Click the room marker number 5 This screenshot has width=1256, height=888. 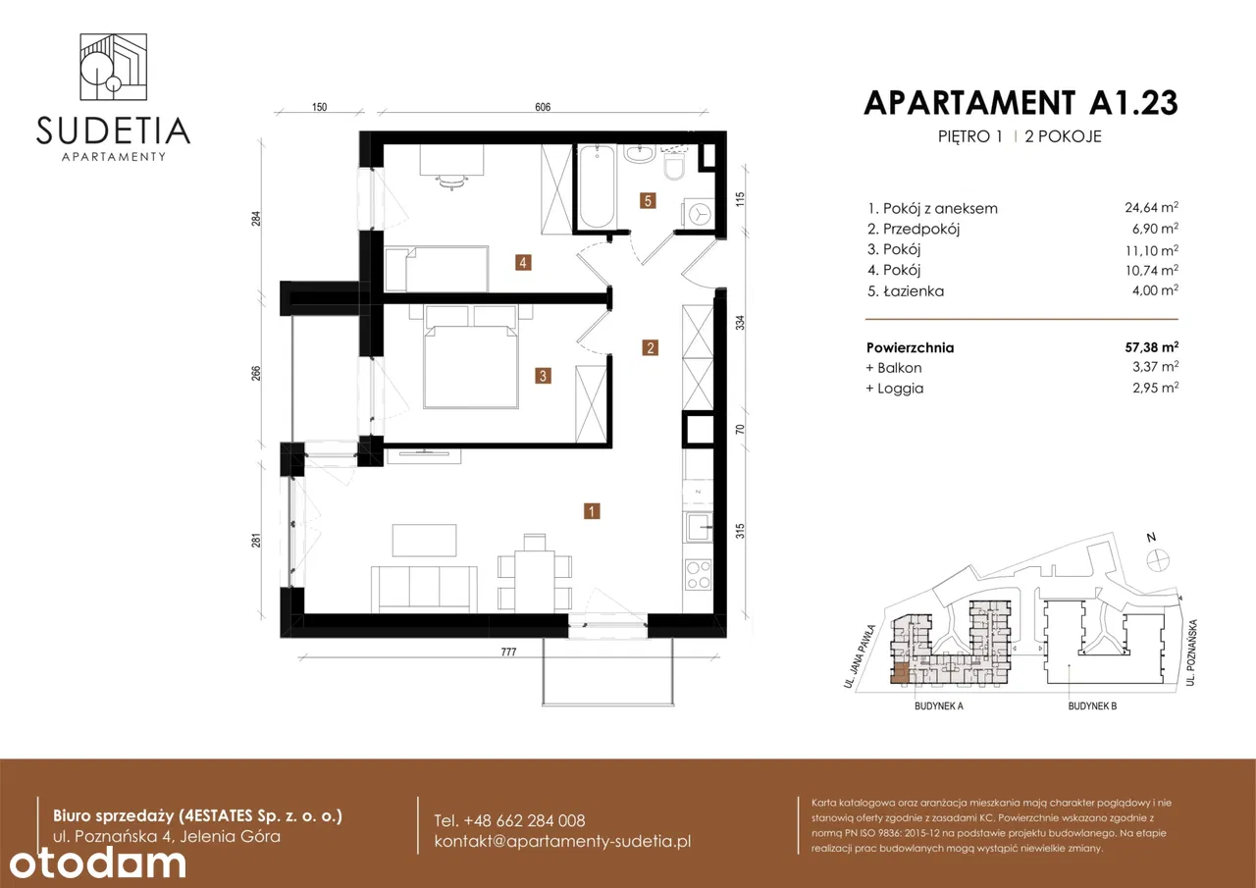(x=648, y=201)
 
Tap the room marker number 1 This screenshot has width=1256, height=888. (x=592, y=511)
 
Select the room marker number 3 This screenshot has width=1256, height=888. (x=543, y=376)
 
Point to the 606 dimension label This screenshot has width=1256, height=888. (x=543, y=107)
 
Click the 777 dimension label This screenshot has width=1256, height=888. (x=508, y=652)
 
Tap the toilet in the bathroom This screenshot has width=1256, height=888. (x=674, y=166)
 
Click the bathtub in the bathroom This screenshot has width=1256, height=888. (x=597, y=186)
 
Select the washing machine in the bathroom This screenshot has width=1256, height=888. (x=698, y=214)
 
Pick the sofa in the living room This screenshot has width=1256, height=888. (x=424, y=589)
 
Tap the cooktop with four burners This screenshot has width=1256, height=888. (x=698, y=575)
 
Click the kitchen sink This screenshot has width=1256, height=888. (x=698, y=527)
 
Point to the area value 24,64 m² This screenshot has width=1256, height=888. (x=1151, y=207)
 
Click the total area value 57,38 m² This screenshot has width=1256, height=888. (x=1151, y=347)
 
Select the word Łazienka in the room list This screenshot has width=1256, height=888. (x=914, y=291)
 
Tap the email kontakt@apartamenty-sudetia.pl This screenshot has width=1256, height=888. (x=562, y=842)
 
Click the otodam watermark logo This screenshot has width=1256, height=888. (x=97, y=863)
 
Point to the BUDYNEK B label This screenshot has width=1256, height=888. (x=1092, y=705)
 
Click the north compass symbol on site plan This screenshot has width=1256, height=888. (x=1158, y=560)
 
